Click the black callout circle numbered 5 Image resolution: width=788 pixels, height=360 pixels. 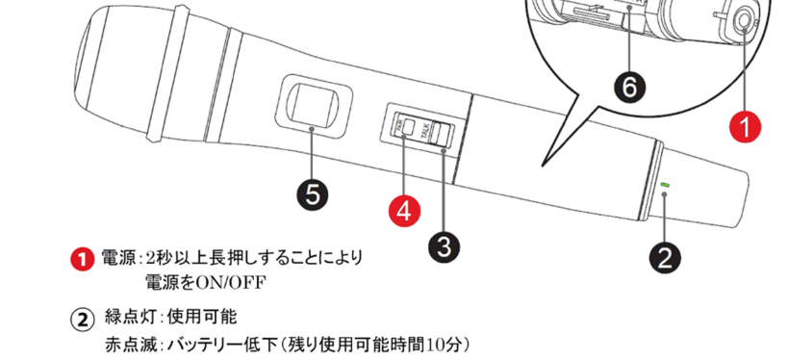pos(312,194)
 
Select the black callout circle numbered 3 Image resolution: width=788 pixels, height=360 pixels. pos(443,244)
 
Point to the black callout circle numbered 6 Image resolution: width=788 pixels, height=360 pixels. pos(628,88)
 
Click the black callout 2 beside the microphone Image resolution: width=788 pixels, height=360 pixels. pos(666,256)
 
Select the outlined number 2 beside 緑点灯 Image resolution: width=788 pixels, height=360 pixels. pos(84,319)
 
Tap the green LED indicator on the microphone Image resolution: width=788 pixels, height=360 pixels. pos(665,185)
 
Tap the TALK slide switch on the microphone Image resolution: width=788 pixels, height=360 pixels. pos(440,134)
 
